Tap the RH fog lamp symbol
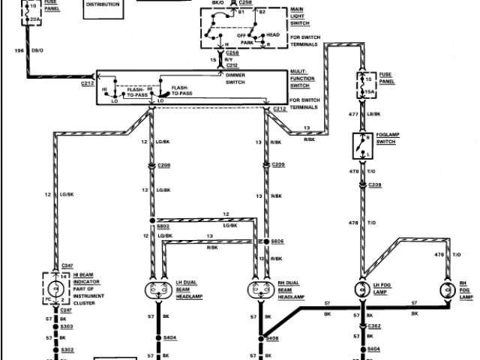[x=448, y=290]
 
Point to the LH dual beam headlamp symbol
[x=158, y=290]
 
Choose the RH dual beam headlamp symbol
[x=262, y=290]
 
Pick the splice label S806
[x=277, y=242]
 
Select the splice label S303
[x=67, y=326]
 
